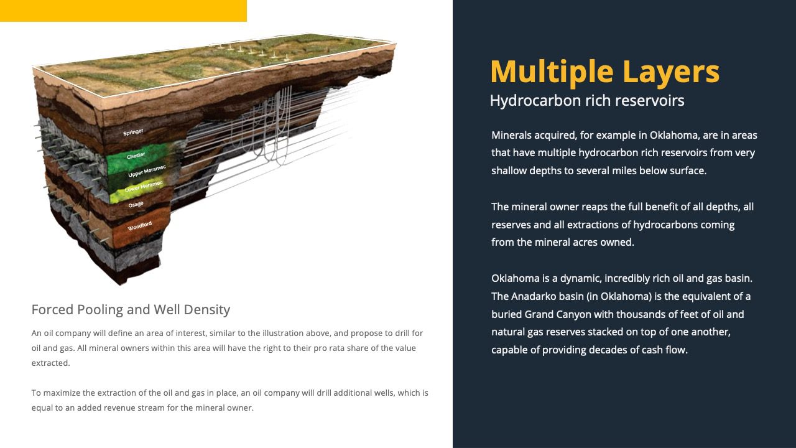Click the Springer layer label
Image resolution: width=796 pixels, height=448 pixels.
click(x=133, y=133)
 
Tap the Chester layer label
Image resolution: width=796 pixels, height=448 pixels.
click(x=136, y=156)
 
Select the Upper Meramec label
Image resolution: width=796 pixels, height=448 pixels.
click(x=147, y=171)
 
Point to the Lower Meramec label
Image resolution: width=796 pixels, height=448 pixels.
click(x=144, y=186)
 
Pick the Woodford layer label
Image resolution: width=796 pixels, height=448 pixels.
click(x=140, y=226)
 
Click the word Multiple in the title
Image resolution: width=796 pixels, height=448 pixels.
click(x=552, y=72)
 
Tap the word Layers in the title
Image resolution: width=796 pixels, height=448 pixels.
click(x=671, y=72)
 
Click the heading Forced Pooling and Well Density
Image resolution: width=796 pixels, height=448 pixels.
click(x=131, y=310)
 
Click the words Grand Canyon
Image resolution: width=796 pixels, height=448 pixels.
click(x=558, y=314)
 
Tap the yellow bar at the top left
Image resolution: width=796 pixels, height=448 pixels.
click(x=123, y=11)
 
